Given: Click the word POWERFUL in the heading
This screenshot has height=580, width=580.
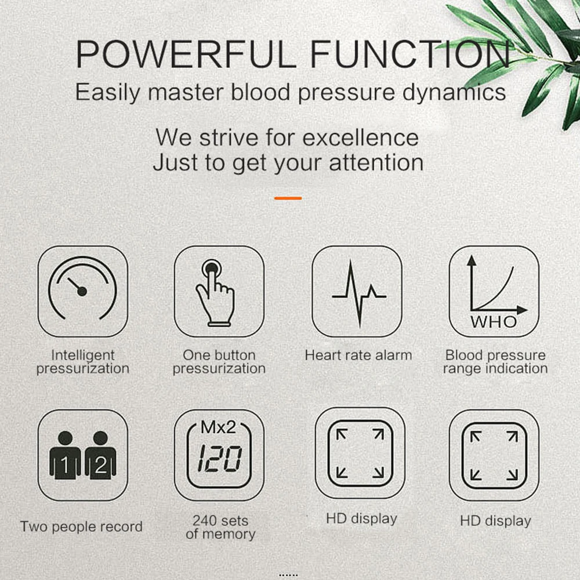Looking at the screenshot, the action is click(x=186, y=54).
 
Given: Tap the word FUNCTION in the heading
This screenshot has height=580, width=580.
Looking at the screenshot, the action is click(x=410, y=54).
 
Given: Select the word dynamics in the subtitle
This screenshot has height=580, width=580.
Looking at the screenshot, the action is click(x=454, y=92).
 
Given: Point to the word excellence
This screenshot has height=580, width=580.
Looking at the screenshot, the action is click(x=361, y=137).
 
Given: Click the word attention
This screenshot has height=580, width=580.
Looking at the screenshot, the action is click(x=376, y=163).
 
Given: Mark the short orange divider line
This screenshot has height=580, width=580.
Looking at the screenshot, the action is click(x=288, y=198).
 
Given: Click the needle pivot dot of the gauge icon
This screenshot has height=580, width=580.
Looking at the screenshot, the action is click(x=82, y=292).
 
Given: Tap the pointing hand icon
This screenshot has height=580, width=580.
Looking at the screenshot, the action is click(x=215, y=293).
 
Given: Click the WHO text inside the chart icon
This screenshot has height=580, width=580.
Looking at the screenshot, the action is click(x=494, y=322).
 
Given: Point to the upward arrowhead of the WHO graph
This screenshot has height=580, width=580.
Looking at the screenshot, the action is click(x=471, y=260).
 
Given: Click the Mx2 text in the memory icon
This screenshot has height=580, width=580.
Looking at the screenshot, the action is click(x=218, y=427).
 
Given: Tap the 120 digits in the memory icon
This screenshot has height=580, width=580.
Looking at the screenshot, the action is click(x=220, y=459).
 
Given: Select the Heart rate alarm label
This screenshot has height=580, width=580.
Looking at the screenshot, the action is click(x=358, y=356).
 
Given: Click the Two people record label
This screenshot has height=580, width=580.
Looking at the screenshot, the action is click(x=81, y=527).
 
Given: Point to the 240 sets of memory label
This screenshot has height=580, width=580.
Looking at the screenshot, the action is click(x=220, y=527).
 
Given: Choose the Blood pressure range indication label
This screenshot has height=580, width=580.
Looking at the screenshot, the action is click(x=495, y=362).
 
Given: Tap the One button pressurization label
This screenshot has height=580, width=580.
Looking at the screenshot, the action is click(x=219, y=362).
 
